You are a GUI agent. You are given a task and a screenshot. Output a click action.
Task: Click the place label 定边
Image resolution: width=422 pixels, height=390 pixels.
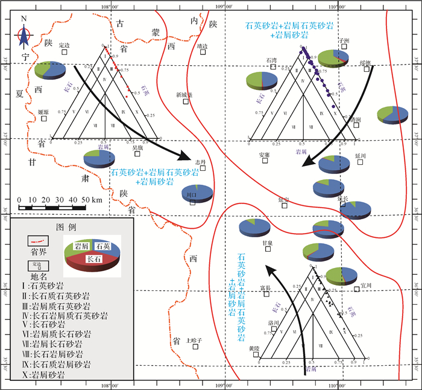(x=65, y=45)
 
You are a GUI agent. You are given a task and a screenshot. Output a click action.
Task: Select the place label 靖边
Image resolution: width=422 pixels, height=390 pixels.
(x=202, y=45)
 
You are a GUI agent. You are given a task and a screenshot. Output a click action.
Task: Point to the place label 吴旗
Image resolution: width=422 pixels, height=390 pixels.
(x=137, y=147)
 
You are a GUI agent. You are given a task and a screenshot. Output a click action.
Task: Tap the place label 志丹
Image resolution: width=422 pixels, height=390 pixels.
(x=201, y=162)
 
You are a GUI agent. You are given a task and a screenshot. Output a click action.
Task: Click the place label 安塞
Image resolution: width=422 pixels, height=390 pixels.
(x=264, y=155)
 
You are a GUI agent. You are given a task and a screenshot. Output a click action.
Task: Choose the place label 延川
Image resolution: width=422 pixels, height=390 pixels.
(x=361, y=155)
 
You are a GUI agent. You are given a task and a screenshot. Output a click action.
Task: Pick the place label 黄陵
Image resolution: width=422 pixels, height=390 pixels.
(x=253, y=348)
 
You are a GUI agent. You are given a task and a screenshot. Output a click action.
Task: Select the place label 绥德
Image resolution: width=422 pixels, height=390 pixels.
(x=365, y=62)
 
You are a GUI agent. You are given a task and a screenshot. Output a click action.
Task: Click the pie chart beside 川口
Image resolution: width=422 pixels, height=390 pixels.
(x=197, y=193)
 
